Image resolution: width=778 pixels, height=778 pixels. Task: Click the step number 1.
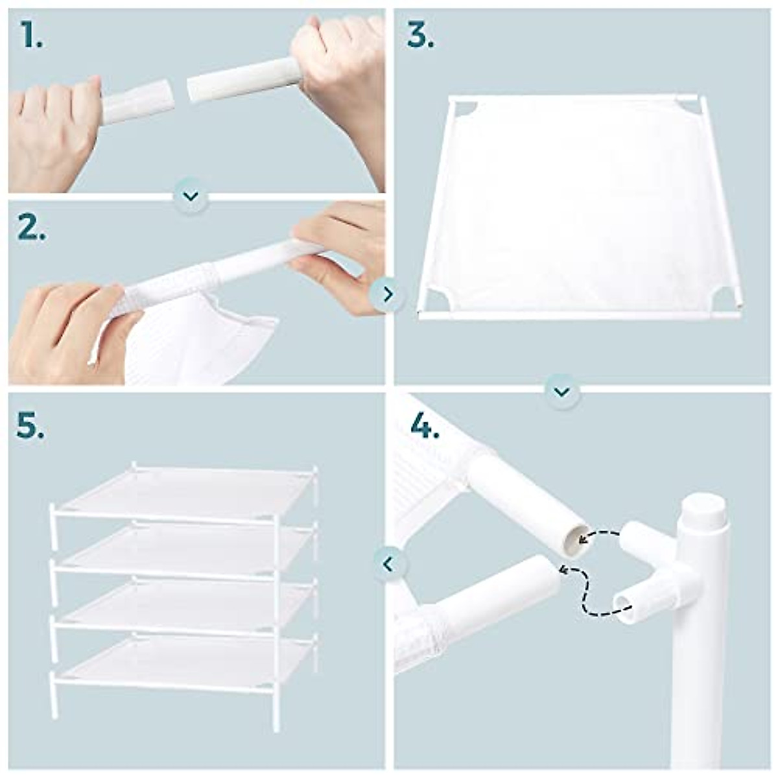[x=30, y=35]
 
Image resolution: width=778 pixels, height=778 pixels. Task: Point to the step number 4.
[x=425, y=427]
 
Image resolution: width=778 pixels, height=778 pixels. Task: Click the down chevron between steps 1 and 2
[x=191, y=195]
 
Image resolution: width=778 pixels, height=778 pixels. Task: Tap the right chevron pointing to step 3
[x=388, y=294]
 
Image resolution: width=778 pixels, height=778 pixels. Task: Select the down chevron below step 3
[x=561, y=392]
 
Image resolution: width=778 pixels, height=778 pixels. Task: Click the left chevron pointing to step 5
[x=388, y=564]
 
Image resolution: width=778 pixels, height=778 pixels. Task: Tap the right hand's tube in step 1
[x=243, y=78]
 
